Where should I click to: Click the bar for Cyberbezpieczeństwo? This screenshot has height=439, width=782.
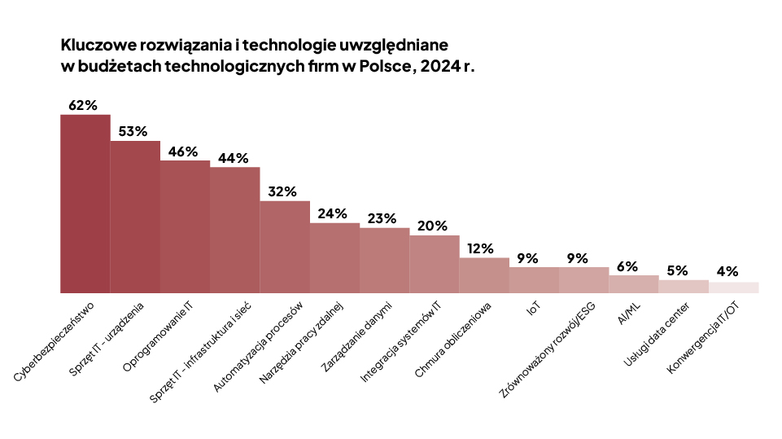(x=85, y=204)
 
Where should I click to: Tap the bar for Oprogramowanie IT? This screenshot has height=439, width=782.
(x=185, y=226)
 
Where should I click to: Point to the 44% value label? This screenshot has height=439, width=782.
(x=233, y=158)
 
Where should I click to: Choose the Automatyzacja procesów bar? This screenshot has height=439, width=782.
(x=285, y=247)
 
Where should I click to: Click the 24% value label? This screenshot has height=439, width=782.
(x=334, y=213)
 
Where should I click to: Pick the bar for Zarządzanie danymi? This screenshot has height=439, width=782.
(x=384, y=261)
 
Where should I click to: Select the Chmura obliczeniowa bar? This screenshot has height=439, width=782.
(x=484, y=275)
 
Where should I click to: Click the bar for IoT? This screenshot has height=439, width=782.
(x=534, y=280)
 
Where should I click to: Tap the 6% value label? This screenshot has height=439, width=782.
(x=627, y=266)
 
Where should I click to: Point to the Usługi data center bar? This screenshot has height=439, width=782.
(x=684, y=286)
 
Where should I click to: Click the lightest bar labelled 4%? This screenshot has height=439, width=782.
(x=733, y=288)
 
